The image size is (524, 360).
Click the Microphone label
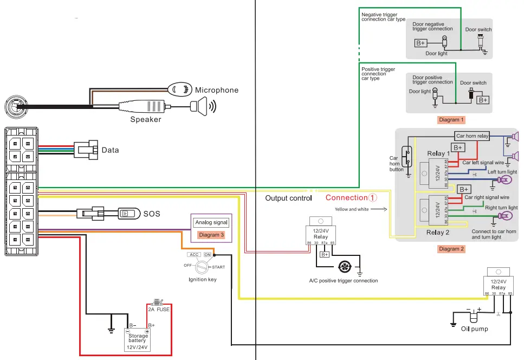click(x=216, y=90)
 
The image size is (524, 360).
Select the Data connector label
click(x=110, y=150)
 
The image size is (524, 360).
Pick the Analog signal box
click(x=212, y=222)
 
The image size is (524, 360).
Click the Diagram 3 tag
click(x=211, y=235)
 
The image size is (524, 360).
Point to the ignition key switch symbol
click(x=202, y=267)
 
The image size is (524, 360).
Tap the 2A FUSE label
click(x=160, y=310)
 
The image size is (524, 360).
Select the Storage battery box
click(x=137, y=340)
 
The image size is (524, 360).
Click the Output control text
click(x=288, y=198)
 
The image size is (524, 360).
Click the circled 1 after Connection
click(x=373, y=198)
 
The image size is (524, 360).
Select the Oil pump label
click(x=474, y=329)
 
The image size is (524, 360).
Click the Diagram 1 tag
click(x=451, y=119)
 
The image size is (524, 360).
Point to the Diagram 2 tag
click(x=451, y=249)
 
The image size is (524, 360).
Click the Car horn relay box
click(x=472, y=136)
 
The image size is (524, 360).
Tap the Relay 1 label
click(x=438, y=154)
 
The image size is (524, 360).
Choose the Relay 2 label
click(x=438, y=233)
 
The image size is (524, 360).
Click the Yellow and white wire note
click(x=352, y=209)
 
